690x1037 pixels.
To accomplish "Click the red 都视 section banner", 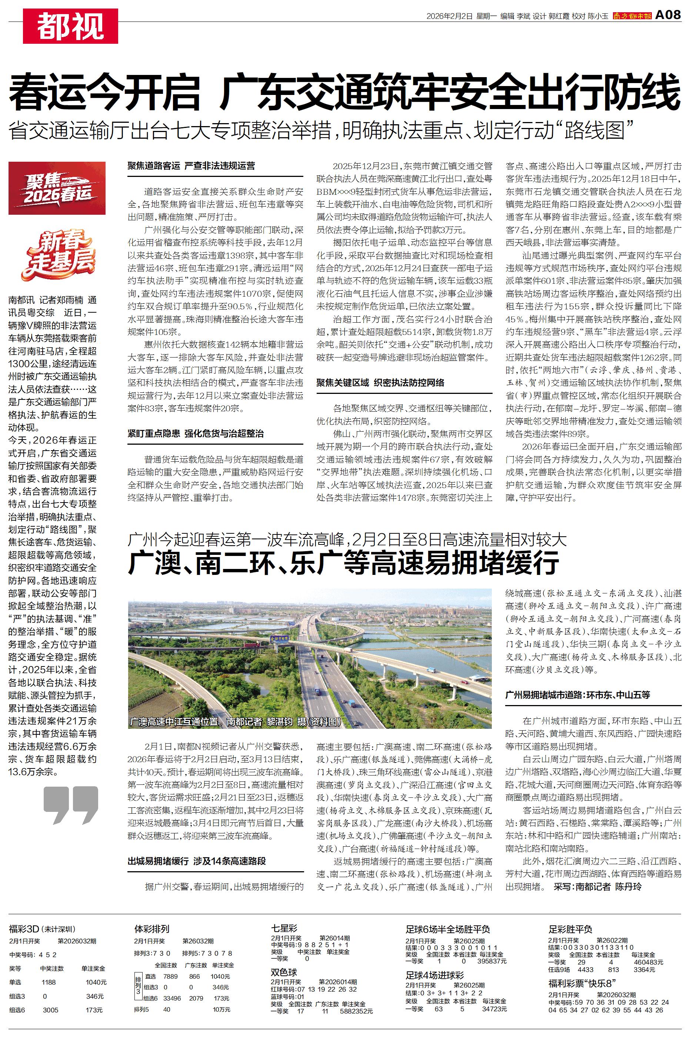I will point(70,26).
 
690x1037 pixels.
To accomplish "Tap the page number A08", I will point(668,15).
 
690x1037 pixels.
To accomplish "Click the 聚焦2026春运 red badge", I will point(57,188).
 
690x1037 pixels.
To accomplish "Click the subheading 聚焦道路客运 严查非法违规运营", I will point(191,166).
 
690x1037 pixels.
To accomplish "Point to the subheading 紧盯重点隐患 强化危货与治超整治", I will point(196,434).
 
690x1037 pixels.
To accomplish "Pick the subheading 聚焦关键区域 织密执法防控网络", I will point(380,383).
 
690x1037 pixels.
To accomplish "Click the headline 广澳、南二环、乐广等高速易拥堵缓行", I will point(343,563).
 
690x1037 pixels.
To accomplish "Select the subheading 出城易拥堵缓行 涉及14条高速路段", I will point(197,861).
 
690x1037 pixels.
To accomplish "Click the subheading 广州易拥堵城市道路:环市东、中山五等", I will point(577,695).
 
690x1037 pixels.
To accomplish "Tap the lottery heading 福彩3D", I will point(24,929).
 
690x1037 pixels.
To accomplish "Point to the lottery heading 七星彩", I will point(284,929).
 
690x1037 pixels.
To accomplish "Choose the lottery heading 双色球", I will point(284,972).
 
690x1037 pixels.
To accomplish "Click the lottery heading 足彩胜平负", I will point(570,929).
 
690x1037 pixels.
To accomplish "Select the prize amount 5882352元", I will point(356,1011).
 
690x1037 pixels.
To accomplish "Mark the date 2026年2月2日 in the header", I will point(449,16).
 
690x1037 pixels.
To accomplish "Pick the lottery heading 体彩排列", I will point(152,929).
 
